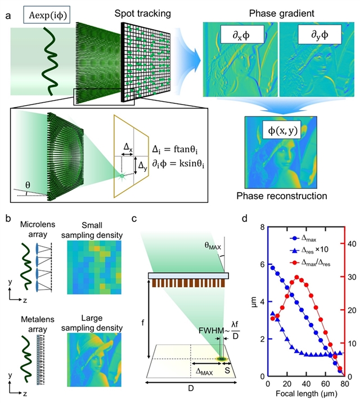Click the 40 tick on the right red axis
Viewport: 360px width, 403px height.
[348, 243]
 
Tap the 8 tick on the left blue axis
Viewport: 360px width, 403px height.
[262, 228]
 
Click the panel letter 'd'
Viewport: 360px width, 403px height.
[259, 216]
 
